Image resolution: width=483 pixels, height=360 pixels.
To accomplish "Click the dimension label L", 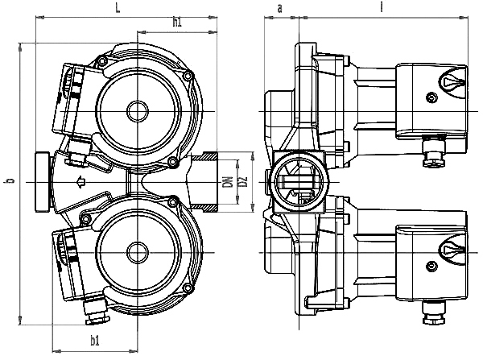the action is click(x=118, y=8).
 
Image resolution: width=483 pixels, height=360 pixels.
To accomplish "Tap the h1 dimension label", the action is click(x=177, y=23).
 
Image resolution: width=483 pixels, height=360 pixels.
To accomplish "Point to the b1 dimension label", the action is click(x=95, y=341).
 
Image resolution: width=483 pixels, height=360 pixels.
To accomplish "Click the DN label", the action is click(x=228, y=182).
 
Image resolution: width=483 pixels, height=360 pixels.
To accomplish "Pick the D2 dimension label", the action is click(x=243, y=181).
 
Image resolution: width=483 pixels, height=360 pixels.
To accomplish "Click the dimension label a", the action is click(x=279, y=9).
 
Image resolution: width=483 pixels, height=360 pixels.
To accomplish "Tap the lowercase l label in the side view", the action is click(x=382, y=6).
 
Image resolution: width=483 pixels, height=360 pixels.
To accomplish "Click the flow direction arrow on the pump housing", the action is click(x=80, y=182).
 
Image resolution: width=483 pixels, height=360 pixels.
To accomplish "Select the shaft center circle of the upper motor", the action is click(x=138, y=111).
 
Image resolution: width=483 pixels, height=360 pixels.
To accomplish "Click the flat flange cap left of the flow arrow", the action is click(x=42, y=182).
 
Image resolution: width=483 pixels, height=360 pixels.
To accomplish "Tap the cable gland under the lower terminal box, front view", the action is click(x=97, y=312).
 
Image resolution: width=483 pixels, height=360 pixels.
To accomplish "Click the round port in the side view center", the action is click(x=299, y=182).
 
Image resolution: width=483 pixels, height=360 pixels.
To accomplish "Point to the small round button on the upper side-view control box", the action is click(x=431, y=98).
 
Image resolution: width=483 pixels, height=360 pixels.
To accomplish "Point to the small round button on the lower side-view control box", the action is click(x=431, y=266).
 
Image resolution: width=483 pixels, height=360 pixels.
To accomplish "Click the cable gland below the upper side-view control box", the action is click(x=433, y=151).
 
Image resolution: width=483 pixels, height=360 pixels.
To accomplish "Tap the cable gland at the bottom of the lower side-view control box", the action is click(x=434, y=312).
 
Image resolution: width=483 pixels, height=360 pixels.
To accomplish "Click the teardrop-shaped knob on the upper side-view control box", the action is click(x=452, y=82).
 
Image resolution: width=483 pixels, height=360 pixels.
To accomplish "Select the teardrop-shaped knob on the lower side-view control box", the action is click(x=452, y=249).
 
